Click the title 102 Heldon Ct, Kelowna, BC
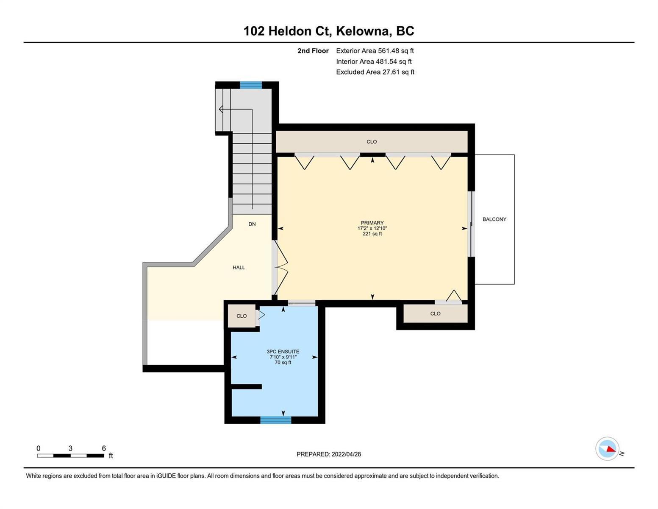(x=328, y=31)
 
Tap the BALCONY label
(x=494, y=219)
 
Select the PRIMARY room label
(x=372, y=223)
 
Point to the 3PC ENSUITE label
(x=283, y=351)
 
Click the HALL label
(x=239, y=267)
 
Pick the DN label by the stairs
(x=252, y=224)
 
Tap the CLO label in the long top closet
(x=372, y=142)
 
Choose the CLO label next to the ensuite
(x=242, y=316)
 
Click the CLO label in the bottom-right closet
(x=435, y=313)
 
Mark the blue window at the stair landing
(x=251, y=85)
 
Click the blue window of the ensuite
(x=275, y=420)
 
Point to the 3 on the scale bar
(x=70, y=448)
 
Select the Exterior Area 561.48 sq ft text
(x=375, y=50)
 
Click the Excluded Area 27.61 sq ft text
(x=375, y=72)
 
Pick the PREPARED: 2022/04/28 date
(x=328, y=454)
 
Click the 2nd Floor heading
(x=313, y=50)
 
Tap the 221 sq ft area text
(x=372, y=234)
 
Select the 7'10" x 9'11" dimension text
(x=283, y=357)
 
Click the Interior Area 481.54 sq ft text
(x=374, y=61)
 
